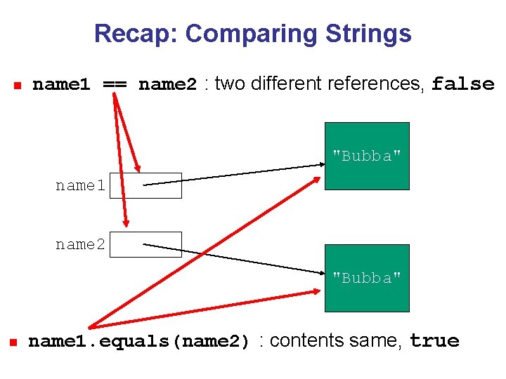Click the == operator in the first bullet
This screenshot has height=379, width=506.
tap(115, 84)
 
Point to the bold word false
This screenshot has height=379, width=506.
tap(463, 84)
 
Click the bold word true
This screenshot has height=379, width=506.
tap(434, 341)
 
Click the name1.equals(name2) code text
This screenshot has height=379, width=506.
tap(139, 342)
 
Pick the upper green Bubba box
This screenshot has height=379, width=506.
tap(366, 156)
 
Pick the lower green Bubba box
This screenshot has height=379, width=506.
tap(366, 278)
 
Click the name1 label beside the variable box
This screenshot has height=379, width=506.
tap(80, 186)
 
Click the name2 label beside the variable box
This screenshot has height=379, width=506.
tap(80, 245)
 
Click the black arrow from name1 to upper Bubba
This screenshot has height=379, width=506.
tap(232, 175)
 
